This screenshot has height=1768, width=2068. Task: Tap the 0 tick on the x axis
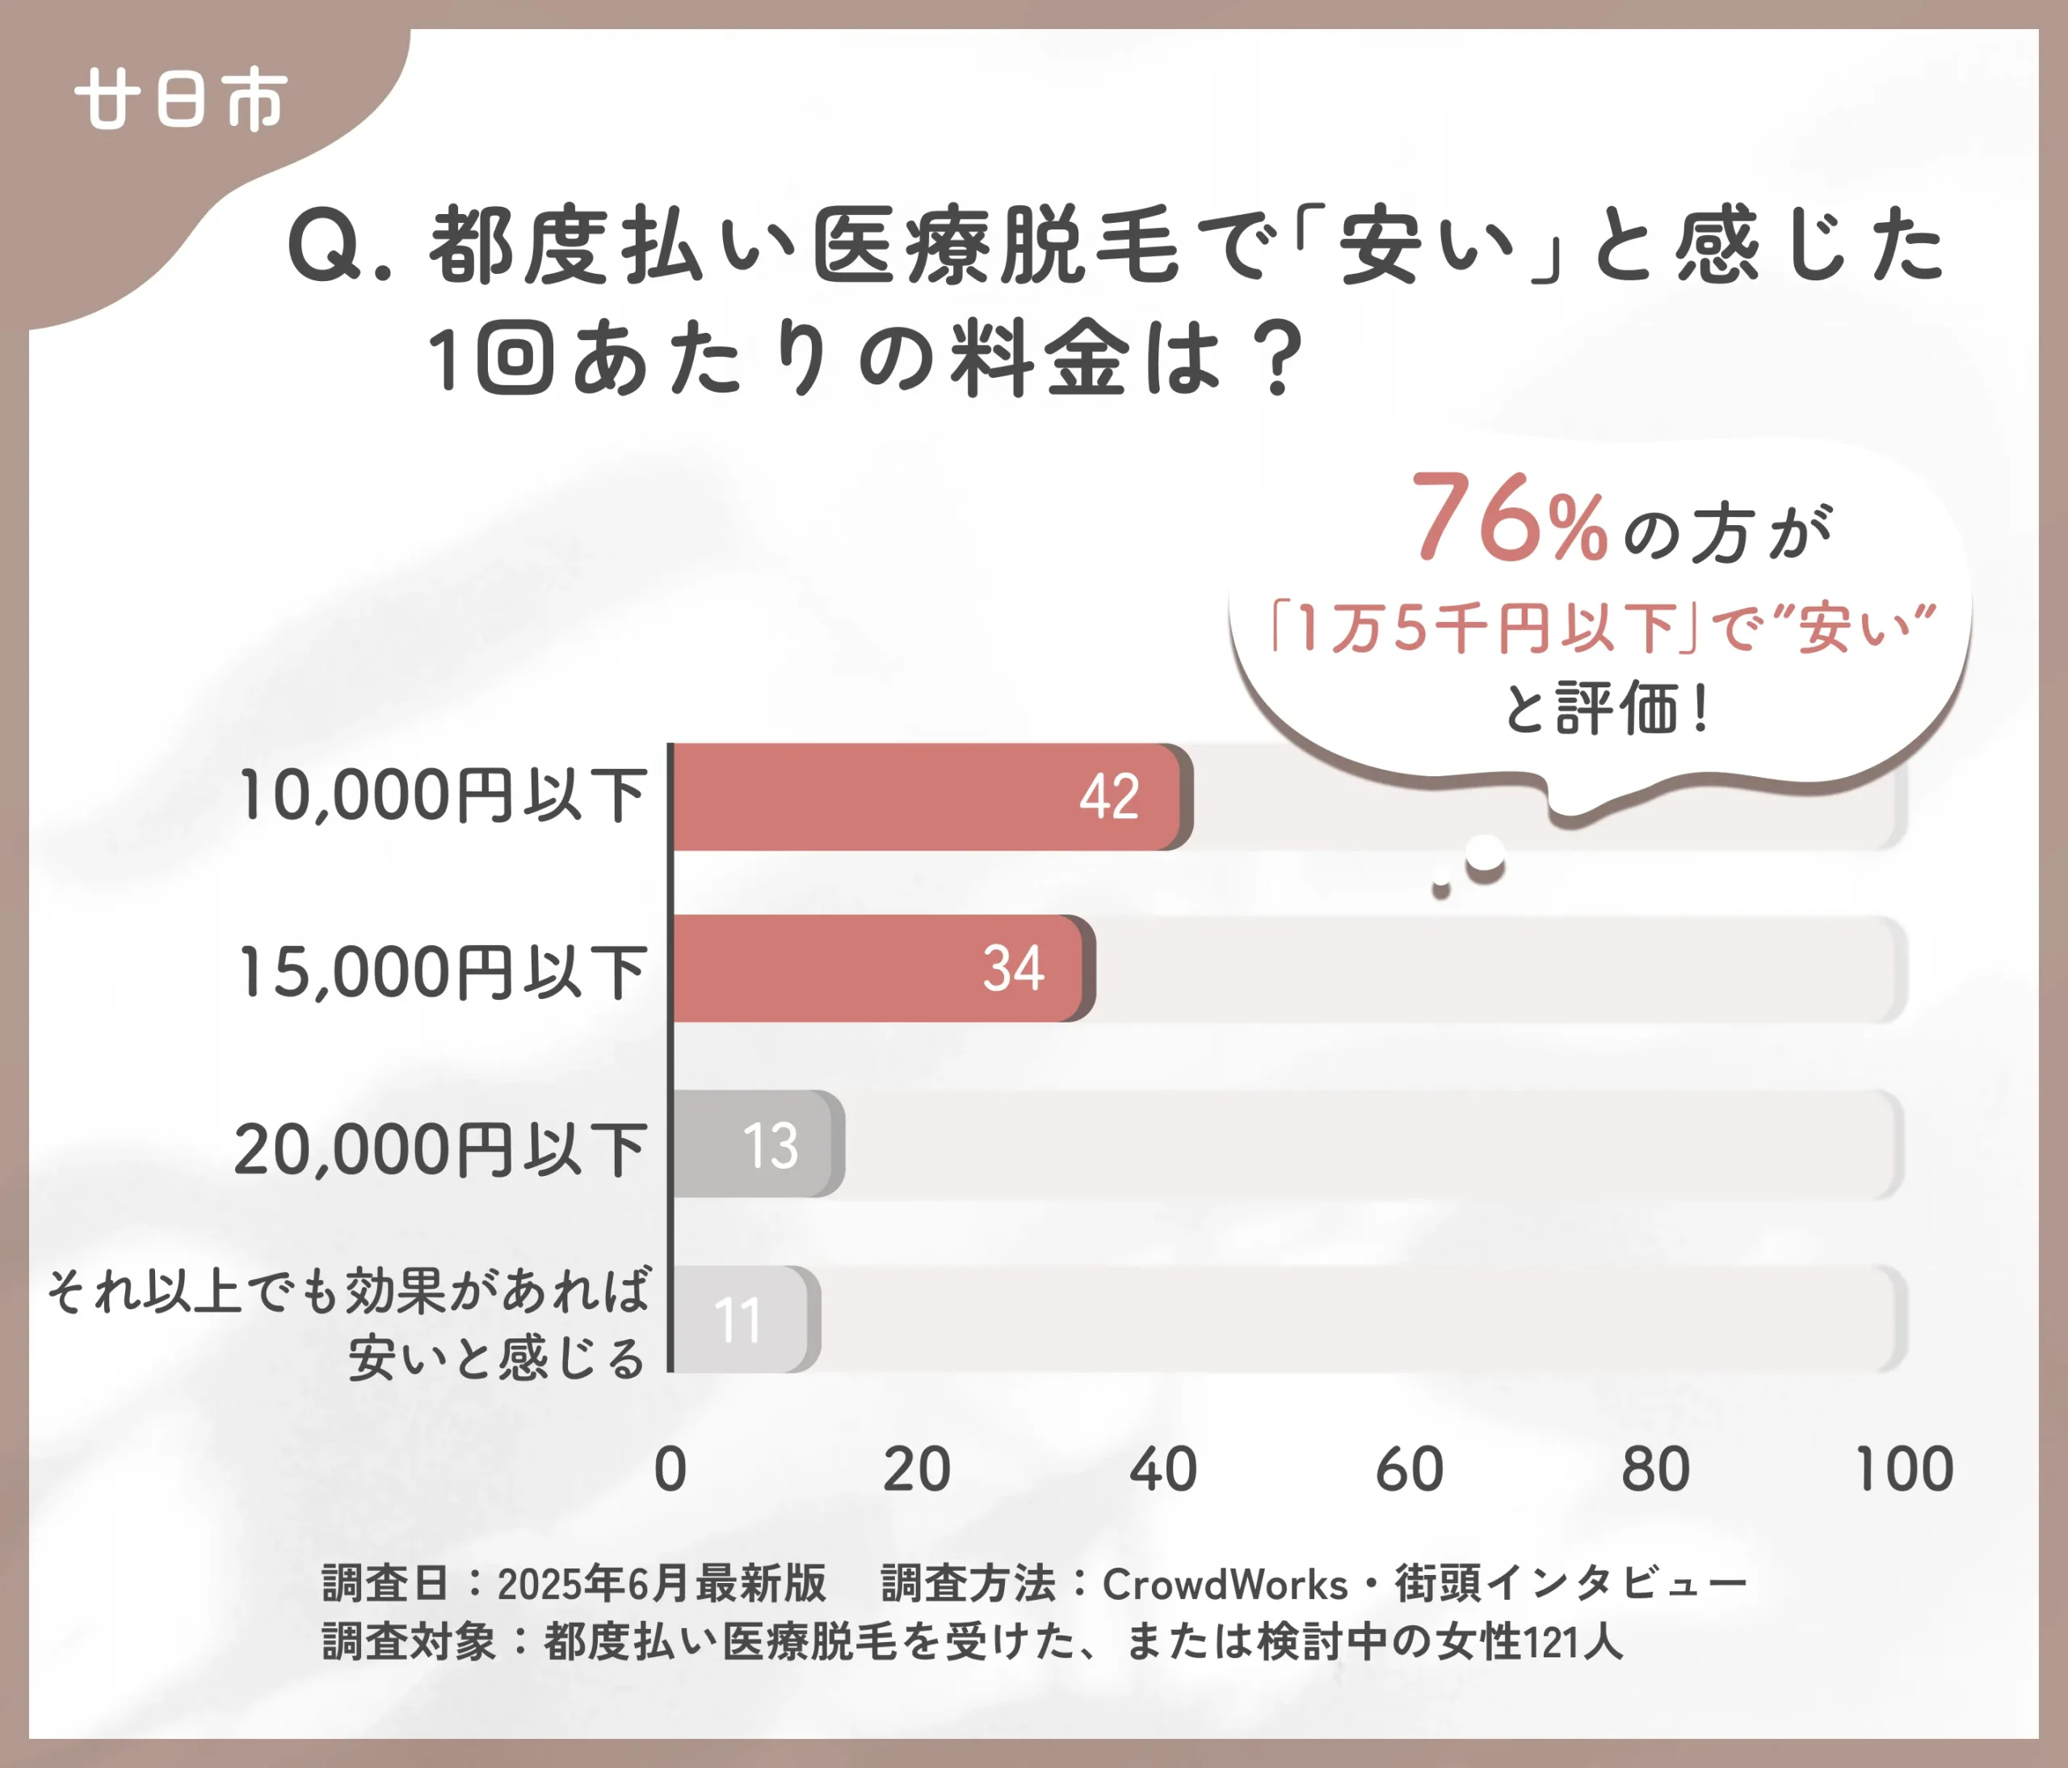click(x=670, y=1470)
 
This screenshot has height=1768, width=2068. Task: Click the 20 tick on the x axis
click(x=916, y=1470)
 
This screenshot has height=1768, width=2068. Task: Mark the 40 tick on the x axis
click(x=1162, y=1470)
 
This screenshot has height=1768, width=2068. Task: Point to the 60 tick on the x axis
click(x=1410, y=1470)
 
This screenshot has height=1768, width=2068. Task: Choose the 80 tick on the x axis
click(x=1654, y=1470)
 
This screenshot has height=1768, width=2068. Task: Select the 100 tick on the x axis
click(x=1903, y=1470)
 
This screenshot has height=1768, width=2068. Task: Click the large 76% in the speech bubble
click(x=1508, y=519)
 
